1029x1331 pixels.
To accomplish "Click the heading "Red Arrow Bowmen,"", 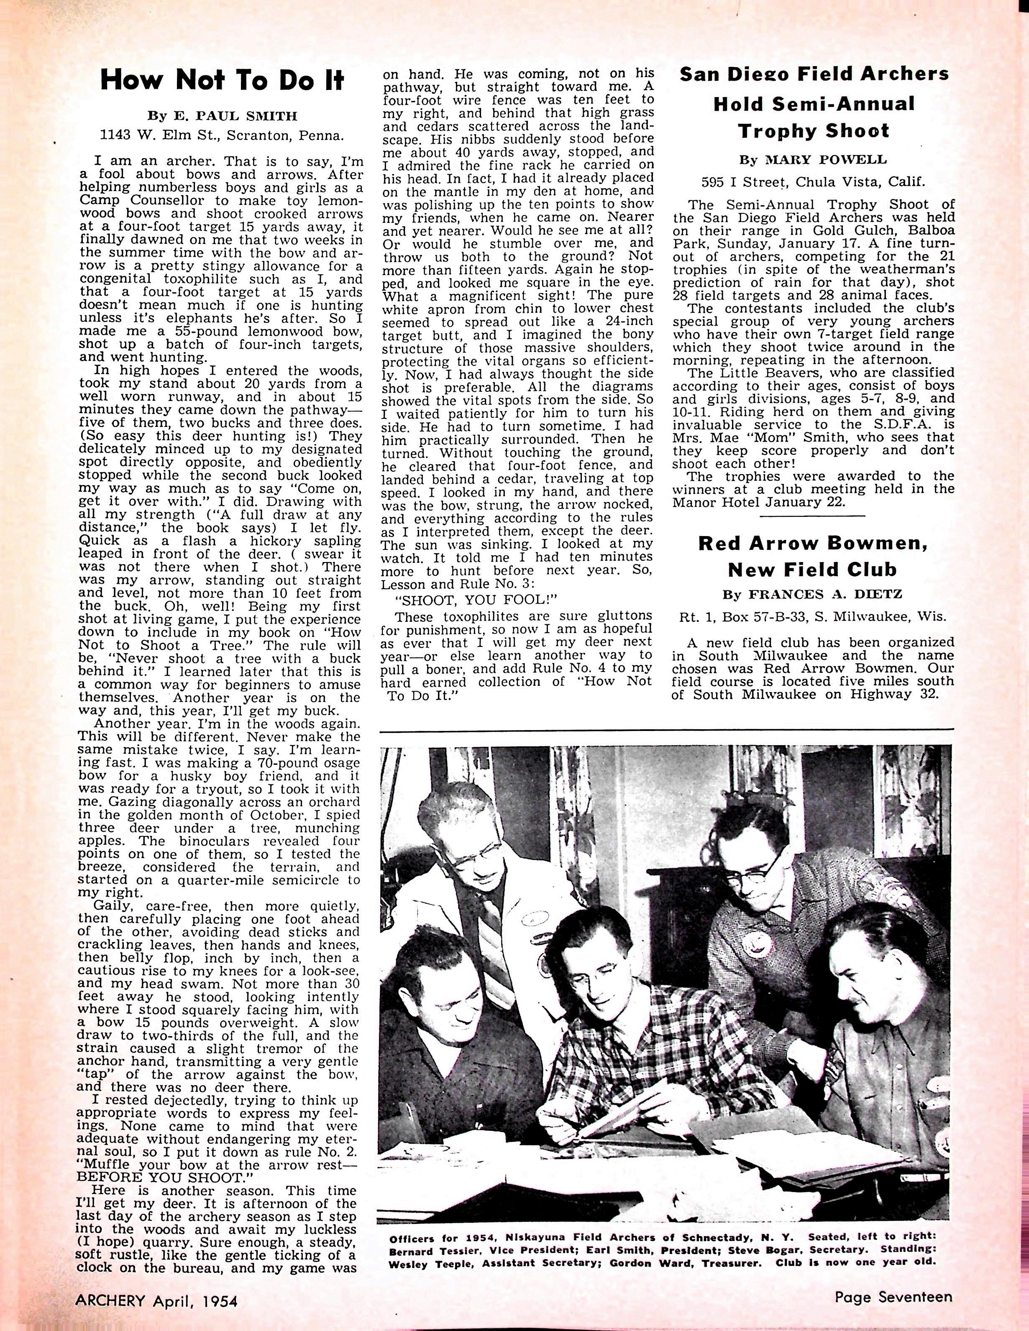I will point(813,543).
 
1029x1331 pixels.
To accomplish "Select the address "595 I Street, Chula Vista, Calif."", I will point(813,181).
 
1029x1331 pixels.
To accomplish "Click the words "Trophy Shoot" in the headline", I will point(814,131).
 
